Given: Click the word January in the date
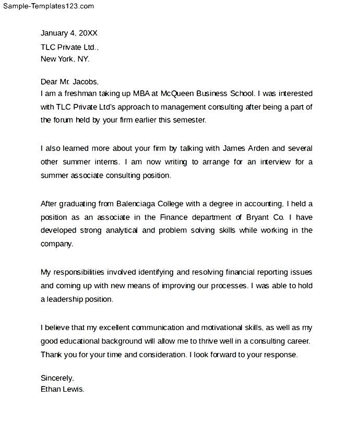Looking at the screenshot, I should tap(54, 33).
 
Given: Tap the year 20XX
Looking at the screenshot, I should tap(88, 33).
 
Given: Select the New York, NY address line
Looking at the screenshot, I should tap(65, 59).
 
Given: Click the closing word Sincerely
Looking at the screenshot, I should tap(57, 378).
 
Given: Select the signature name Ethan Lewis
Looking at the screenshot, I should tap(62, 389).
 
